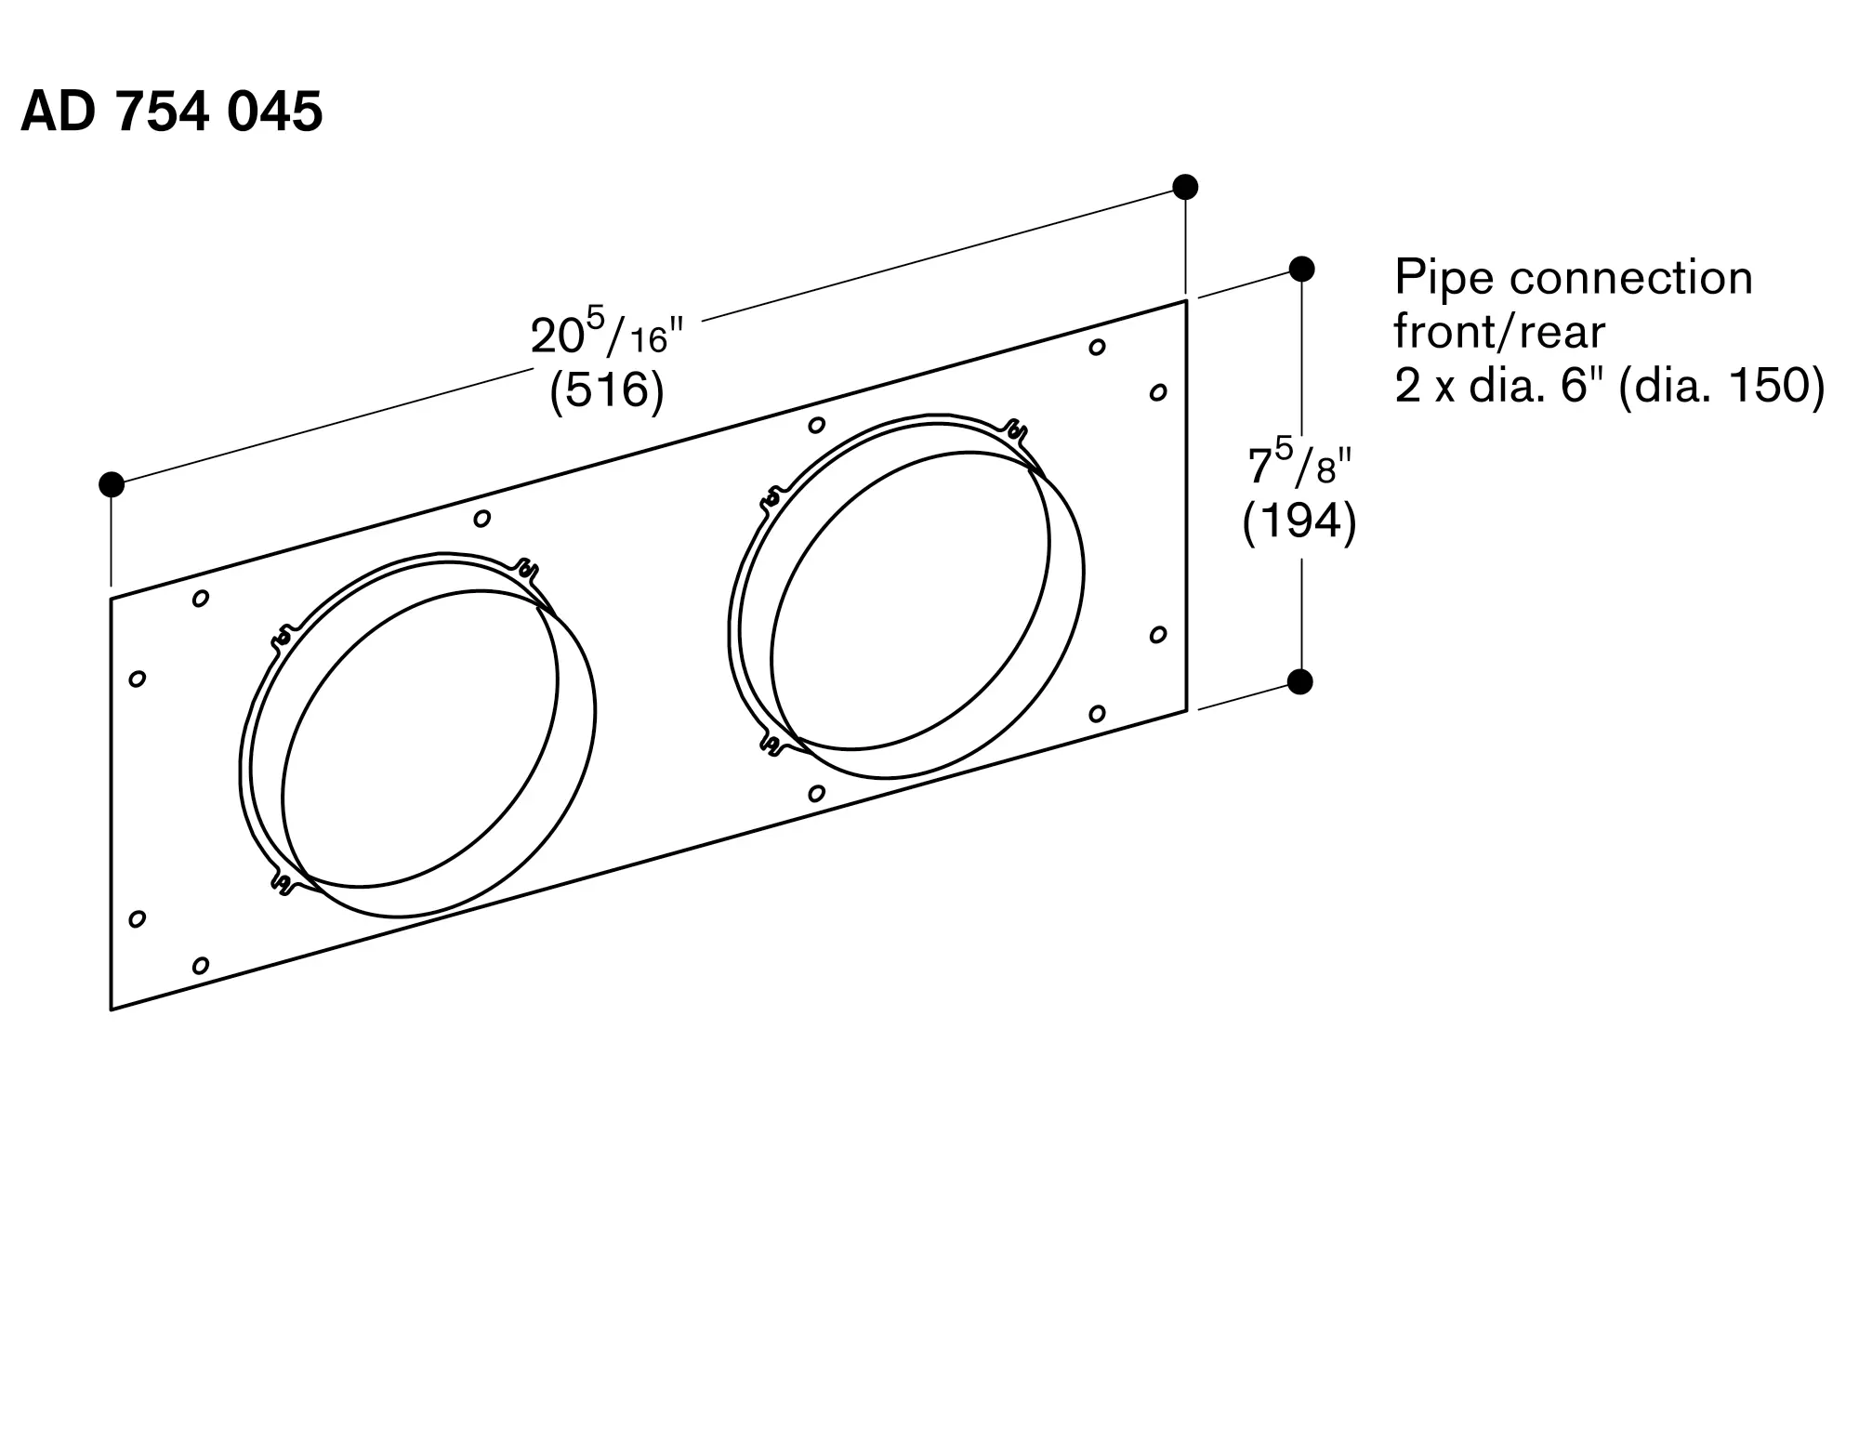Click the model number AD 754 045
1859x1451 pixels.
pos(172,112)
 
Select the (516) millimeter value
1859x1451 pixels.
pos(607,389)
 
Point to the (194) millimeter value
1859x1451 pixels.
pos(1299,521)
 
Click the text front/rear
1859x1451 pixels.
pos(1499,331)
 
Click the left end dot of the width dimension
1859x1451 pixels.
pos(112,484)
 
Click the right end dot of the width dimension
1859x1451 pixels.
pos(1185,187)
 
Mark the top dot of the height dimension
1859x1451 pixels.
pos(1301,269)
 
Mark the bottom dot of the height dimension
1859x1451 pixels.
pos(1300,681)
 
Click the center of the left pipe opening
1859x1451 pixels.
pos(418,739)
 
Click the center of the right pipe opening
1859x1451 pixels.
pos(906,597)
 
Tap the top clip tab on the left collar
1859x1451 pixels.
pos(526,568)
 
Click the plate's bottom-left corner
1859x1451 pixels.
pos(112,1009)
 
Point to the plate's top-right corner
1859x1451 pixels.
pos(1186,300)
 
